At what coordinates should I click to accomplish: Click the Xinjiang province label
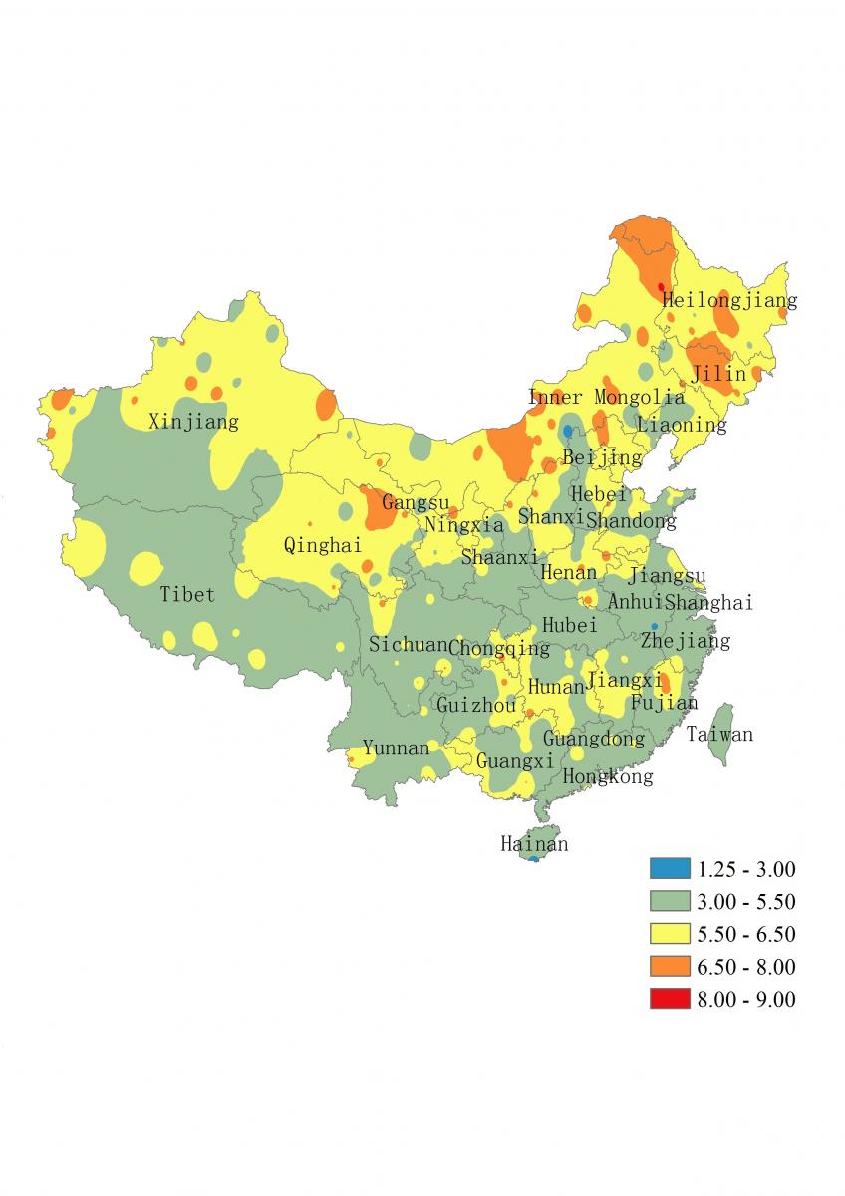[193, 422]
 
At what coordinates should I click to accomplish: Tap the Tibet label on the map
[187, 595]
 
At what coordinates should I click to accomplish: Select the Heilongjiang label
[729, 299]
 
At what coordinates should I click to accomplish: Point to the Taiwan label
[719, 735]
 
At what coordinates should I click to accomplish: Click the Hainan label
[534, 844]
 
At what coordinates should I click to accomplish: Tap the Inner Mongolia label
[606, 398]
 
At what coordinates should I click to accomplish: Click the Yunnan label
[396, 747]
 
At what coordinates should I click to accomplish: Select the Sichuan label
[408, 644]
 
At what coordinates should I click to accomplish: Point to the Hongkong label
[608, 776]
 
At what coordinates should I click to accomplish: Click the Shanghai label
[708, 602]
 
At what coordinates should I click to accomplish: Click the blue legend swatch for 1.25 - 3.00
[670, 868]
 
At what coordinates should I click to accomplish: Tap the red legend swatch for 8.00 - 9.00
[670, 999]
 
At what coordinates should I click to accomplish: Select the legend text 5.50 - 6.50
[746, 934]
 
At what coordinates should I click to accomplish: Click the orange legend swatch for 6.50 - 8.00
[670, 966]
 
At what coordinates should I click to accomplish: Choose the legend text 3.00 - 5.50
[746, 901]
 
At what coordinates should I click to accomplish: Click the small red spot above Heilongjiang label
[661, 286]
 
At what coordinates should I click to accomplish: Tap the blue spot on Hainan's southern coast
[534, 858]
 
